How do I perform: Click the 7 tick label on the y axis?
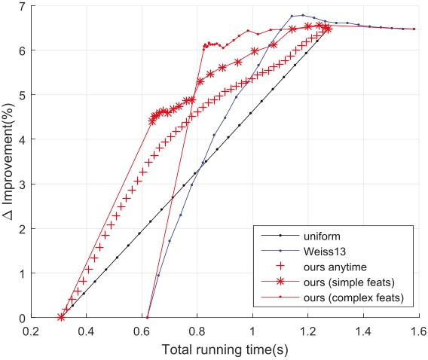[x=21, y=7]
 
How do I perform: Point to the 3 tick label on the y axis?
[x=21, y=185]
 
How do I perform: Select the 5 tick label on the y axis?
[x=21, y=96]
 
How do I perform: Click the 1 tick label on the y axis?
[x=21, y=273]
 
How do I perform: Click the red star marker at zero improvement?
[x=61, y=318]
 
